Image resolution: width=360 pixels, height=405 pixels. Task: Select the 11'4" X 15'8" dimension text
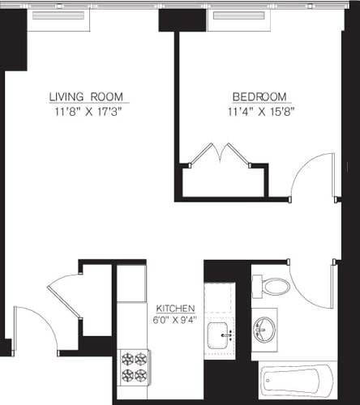coord(259,111)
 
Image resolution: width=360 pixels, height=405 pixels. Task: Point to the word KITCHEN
coord(175,309)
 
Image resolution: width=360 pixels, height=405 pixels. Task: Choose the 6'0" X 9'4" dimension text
coord(175,320)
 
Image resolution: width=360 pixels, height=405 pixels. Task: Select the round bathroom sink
coord(264,329)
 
